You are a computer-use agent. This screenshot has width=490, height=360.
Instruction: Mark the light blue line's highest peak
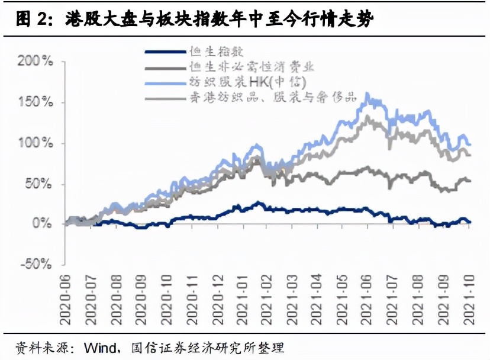(367, 94)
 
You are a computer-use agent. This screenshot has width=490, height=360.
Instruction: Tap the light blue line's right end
(470, 144)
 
